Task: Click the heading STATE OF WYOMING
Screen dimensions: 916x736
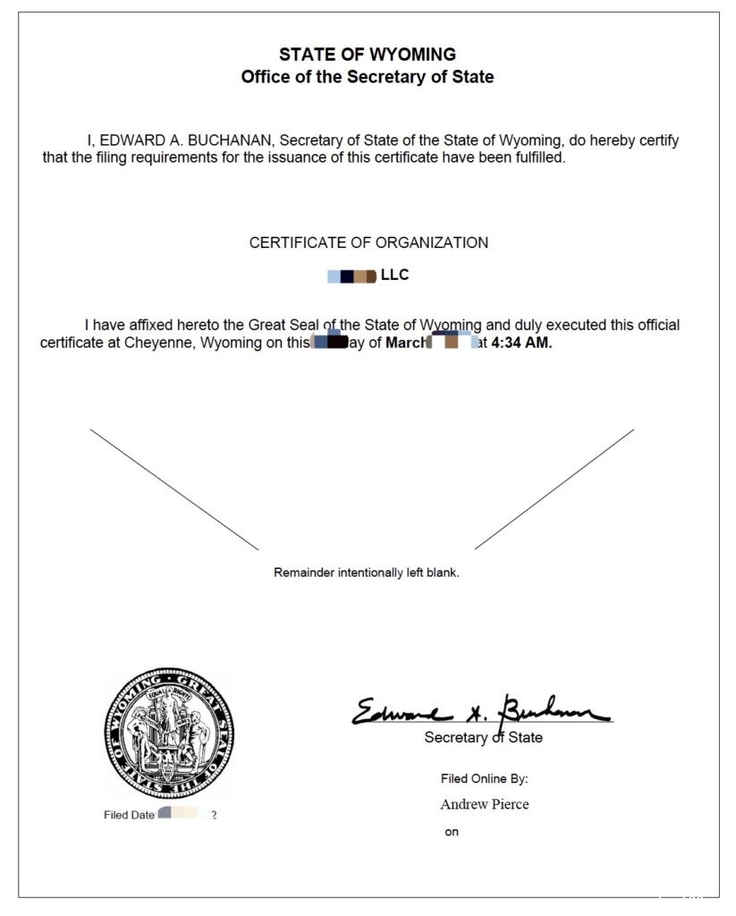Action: click(x=367, y=55)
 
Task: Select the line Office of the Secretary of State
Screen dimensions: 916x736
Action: click(x=367, y=77)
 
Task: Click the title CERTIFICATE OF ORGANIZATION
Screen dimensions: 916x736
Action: click(x=368, y=242)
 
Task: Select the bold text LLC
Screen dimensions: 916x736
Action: click(x=394, y=275)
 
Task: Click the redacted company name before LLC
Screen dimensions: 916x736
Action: click(x=351, y=276)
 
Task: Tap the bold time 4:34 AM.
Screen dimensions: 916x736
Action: click(x=521, y=343)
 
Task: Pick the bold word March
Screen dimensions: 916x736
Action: click(x=407, y=343)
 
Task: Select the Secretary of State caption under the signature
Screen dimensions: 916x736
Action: click(x=483, y=738)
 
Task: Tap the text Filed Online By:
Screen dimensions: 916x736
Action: click(x=484, y=779)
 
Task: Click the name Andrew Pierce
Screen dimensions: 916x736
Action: click(x=484, y=804)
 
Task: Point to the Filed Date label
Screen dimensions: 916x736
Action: click(x=129, y=816)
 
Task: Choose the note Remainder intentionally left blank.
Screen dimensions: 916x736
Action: click(x=367, y=572)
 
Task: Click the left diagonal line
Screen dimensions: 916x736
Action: click(x=174, y=489)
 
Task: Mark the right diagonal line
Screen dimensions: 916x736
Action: click(x=554, y=489)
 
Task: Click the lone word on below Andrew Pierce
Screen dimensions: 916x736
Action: click(x=452, y=833)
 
